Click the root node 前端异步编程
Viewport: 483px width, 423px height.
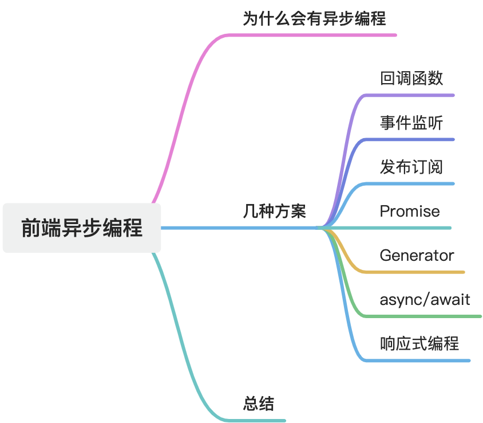(x=82, y=228)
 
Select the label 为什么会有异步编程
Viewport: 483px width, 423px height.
(x=314, y=19)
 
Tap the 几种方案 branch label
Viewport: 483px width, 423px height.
(x=275, y=211)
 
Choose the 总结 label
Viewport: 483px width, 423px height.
(x=259, y=404)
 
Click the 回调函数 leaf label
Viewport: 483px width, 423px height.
(x=411, y=78)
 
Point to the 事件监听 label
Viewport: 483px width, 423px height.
(x=411, y=122)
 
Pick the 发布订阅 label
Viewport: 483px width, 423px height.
(x=411, y=167)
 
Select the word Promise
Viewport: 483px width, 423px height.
(x=410, y=211)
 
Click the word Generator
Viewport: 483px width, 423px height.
(x=417, y=255)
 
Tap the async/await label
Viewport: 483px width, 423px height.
(x=425, y=299)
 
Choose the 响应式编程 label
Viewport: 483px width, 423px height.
(x=419, y=343)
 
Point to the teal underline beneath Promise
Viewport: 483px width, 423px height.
(x=401, y=228)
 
